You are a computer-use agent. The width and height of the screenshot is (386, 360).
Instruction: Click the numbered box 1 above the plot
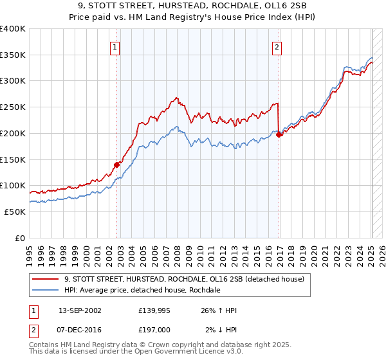pyautogui.click(x=115, y=46)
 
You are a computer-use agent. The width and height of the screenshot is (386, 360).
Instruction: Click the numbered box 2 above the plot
pyautogui.click(x=277, y=46)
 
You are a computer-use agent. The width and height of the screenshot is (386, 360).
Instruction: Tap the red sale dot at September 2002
pyautogui.click(x=116, y=165)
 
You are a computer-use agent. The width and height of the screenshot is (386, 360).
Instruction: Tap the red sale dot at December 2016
pyautogui.click(x=279, y=135)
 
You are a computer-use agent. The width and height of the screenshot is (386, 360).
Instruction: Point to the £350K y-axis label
pyautogui.click(x=13, y=55)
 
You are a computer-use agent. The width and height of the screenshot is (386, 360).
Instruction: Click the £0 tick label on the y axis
pyautogui.click(x=20, y=238)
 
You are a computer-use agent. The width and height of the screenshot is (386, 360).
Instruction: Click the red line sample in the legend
pyautogui.click(x=45, y=279)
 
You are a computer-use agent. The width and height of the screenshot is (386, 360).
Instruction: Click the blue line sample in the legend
pyautogui.click(x=45, y=290)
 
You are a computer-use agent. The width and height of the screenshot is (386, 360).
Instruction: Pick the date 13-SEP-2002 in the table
pyautogui.click(x=80, y=310)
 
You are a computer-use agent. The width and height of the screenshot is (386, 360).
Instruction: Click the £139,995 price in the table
pyautogui.click(x=153, y=310)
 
